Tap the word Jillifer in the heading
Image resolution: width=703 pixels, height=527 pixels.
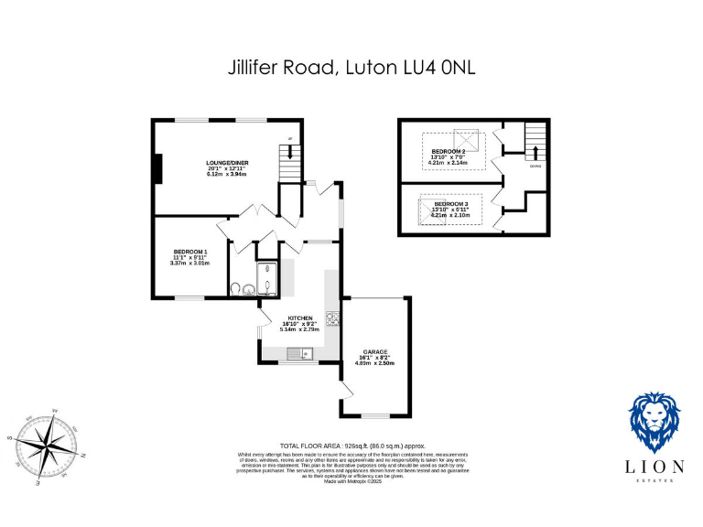tap(258, 68)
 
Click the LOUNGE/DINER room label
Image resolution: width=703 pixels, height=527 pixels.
tap(228, 163)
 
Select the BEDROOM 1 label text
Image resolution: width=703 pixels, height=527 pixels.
tap(191, 252)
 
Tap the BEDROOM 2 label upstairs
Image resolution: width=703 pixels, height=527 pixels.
tap(449, 151)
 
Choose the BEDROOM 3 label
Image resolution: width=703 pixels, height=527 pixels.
tap(449, 204)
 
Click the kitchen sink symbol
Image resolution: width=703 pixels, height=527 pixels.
tap(299, 353)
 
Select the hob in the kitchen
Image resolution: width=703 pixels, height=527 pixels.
tap(332, 319)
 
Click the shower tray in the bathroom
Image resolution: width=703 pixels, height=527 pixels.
tap(267, 278)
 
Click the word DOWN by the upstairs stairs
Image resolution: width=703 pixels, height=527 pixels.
tap(534, 166)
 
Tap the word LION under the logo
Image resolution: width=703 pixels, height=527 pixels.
tap(655, 467)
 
